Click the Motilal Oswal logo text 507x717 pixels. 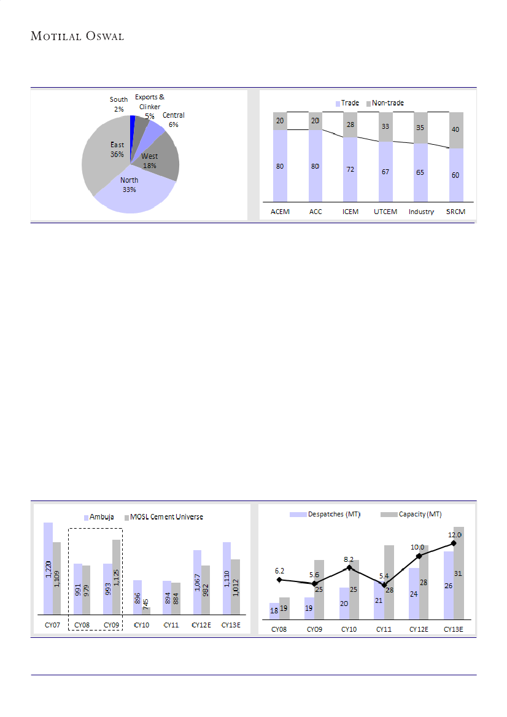77,36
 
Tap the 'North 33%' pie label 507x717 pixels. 129,185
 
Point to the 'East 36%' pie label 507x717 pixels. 117,150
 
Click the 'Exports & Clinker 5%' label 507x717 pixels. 150,106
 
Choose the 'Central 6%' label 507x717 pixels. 173,120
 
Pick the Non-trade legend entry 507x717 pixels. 385,102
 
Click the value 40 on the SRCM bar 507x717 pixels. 455,129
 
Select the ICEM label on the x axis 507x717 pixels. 350,212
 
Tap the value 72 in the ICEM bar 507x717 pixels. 350,169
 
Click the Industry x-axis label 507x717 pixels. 421,212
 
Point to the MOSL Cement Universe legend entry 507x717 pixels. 164,516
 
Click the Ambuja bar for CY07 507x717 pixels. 48,568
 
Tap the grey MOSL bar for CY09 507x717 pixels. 116,577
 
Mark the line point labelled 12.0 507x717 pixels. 454,543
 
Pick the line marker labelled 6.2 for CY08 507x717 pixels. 279,580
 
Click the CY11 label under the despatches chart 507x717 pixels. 384,630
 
